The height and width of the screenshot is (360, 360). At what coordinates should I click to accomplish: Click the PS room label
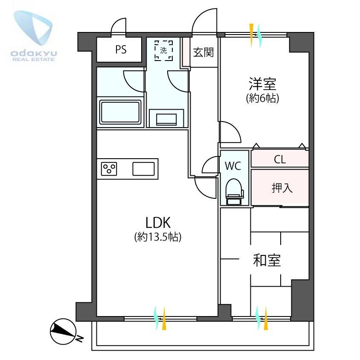(x=121, y=50)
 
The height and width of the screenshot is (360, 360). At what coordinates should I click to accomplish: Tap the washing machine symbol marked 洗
(x=164, y=50)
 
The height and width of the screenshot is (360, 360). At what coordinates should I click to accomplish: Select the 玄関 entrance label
(x=203, y=53)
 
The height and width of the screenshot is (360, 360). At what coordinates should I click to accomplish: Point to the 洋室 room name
(x=262, y=83)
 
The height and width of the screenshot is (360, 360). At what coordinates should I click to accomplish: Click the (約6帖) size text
(x=262, y=99)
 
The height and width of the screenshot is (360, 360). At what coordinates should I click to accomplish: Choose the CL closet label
(x=280, y=160)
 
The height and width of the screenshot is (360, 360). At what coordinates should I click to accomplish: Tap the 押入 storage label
(x=282, y=188)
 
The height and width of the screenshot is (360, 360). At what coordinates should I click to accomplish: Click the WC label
(x=233, y=166)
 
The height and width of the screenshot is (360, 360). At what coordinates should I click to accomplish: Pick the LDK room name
(x=158, y=222)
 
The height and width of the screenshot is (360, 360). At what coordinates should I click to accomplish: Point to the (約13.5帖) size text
(x=158, y=237)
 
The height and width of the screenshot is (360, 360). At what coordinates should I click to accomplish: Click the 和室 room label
(x=267, y=260)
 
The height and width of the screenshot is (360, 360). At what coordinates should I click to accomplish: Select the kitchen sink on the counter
(x=145, y=169)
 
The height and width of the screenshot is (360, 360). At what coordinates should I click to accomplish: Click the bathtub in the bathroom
(x=120, y=112)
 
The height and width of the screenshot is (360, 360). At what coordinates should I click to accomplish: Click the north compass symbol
(x=62, y=329)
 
